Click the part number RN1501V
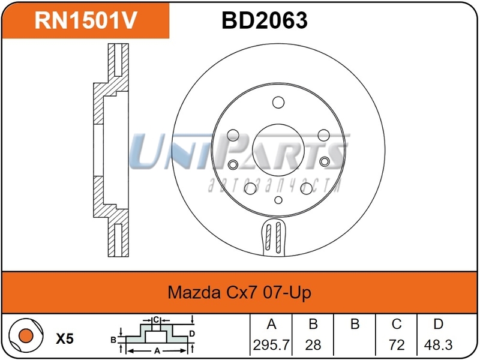pos(86,20)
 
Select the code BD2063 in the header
pos(265,20)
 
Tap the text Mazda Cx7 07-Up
pos(239,292)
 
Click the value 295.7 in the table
pos(271,345)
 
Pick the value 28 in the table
pos(313,345)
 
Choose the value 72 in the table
pos(397,345)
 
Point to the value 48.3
pos(438,345)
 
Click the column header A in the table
pos(272,324)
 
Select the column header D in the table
pos(439,324)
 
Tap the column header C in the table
pos(397,324)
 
